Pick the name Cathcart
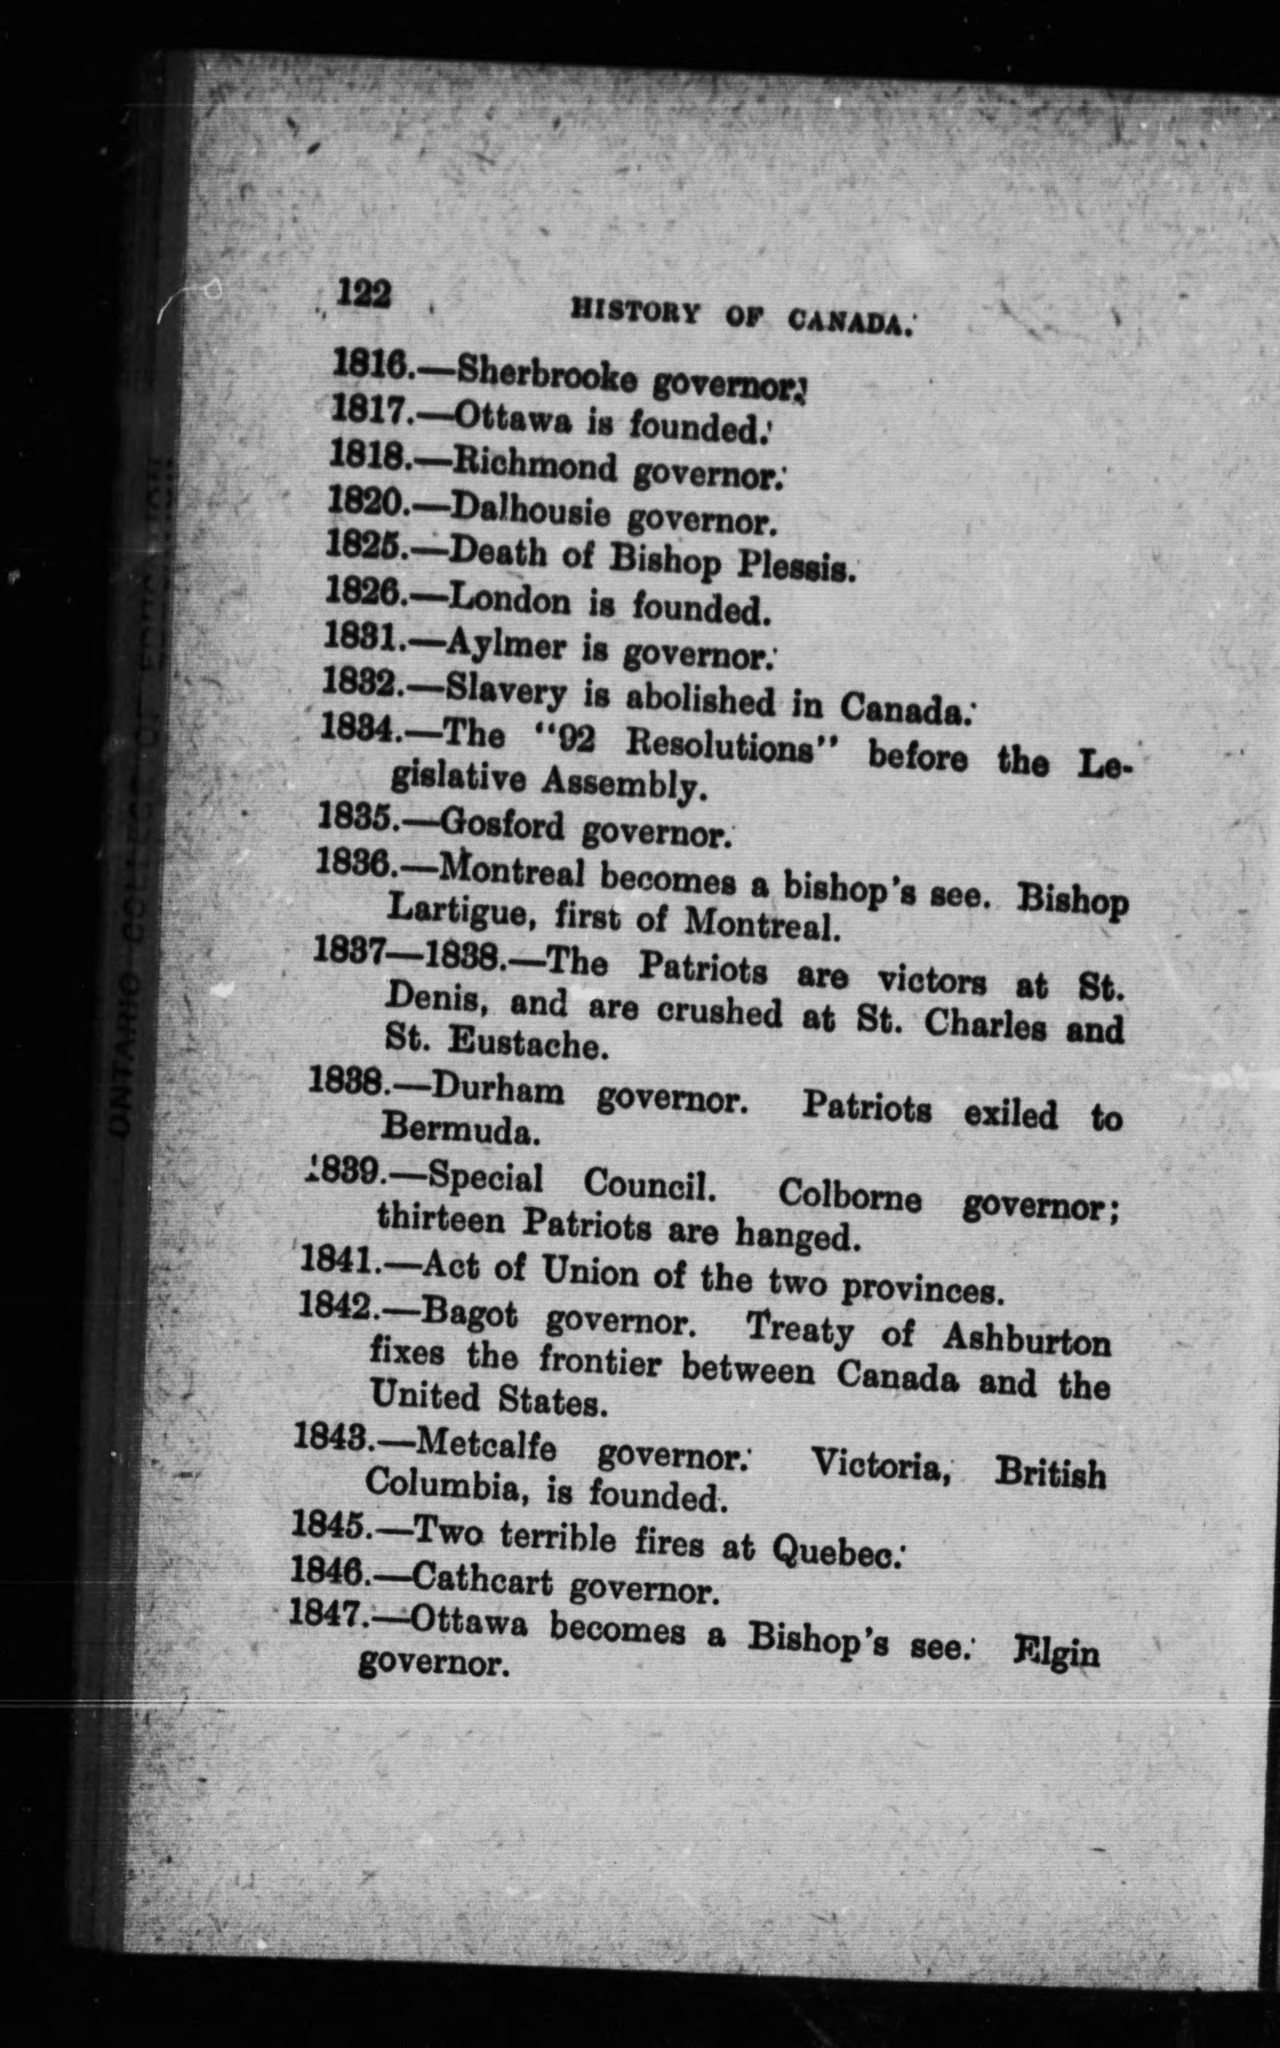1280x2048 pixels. tap(482, 1581)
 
